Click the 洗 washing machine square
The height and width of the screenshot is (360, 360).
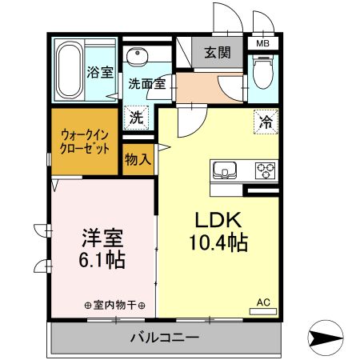pos(138,117)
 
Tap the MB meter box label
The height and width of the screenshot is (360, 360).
pos(262,43)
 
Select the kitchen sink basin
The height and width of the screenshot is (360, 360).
pos(224,170)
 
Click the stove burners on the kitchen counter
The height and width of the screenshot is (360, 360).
pos(265,170)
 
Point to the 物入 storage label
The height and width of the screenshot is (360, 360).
pos(138,158)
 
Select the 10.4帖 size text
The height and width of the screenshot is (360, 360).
pos(216,242)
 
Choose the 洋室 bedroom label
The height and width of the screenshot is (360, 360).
pos(101,237)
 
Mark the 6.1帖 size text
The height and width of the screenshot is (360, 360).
pos(101,259)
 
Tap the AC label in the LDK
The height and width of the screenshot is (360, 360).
pos(263,302)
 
